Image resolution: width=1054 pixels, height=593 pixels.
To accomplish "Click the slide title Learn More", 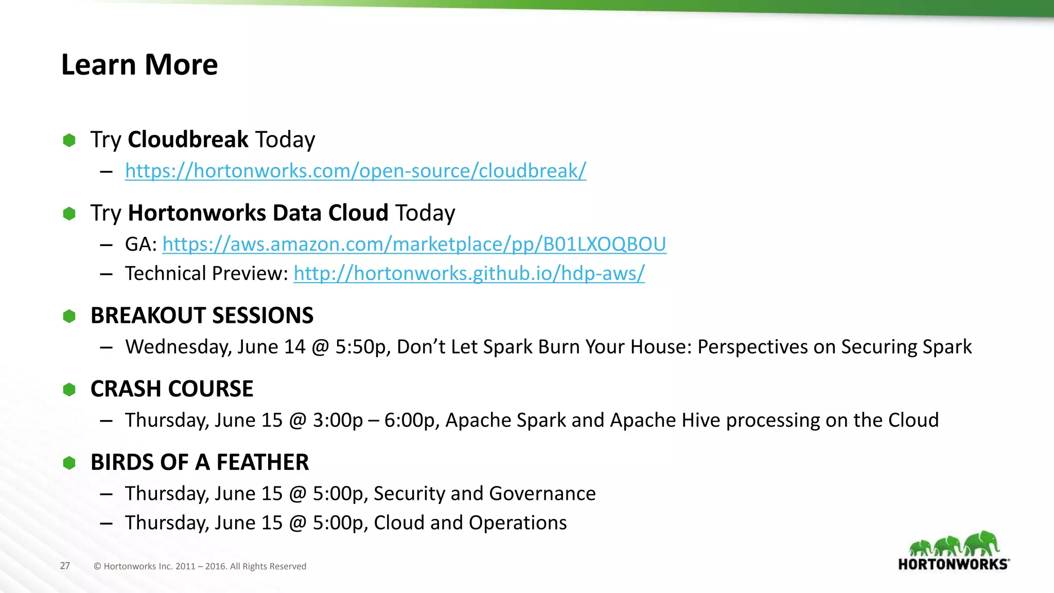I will click(x=139, y=65).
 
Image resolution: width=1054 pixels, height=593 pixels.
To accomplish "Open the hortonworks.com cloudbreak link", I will click(x=355, y=171).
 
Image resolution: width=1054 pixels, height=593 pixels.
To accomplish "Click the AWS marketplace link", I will click(x=414, y=244).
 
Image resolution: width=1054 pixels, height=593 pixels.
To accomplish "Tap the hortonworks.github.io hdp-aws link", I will click(x=469, y=273).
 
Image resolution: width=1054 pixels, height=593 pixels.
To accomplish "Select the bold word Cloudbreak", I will click(x=188, y=139).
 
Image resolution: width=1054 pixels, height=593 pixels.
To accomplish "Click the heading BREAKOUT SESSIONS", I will click(x=202, y=316).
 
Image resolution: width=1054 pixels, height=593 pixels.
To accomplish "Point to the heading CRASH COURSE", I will click(x=172, y=389).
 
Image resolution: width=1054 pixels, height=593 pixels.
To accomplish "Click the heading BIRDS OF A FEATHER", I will click(x=200, y=462).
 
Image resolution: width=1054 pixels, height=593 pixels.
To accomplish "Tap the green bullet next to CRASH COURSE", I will click(x=69, y=390).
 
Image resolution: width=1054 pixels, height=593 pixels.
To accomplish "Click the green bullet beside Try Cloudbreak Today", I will click(x=69, y=140).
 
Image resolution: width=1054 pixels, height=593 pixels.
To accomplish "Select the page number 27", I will click(x=65, y=566).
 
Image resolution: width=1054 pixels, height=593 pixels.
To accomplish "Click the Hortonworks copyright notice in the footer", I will click(x=200, y=566).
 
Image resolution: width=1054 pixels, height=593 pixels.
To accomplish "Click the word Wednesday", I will click(x=178, y=347).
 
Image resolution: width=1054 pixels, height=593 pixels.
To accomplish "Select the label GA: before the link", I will click(x=141, y=244).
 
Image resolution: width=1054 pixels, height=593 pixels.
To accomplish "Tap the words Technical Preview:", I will click(x=206, y=273).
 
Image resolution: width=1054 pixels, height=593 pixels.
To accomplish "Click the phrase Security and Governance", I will click(x=484, y=494).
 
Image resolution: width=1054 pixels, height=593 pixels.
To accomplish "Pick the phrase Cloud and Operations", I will click(x=470, y=523).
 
